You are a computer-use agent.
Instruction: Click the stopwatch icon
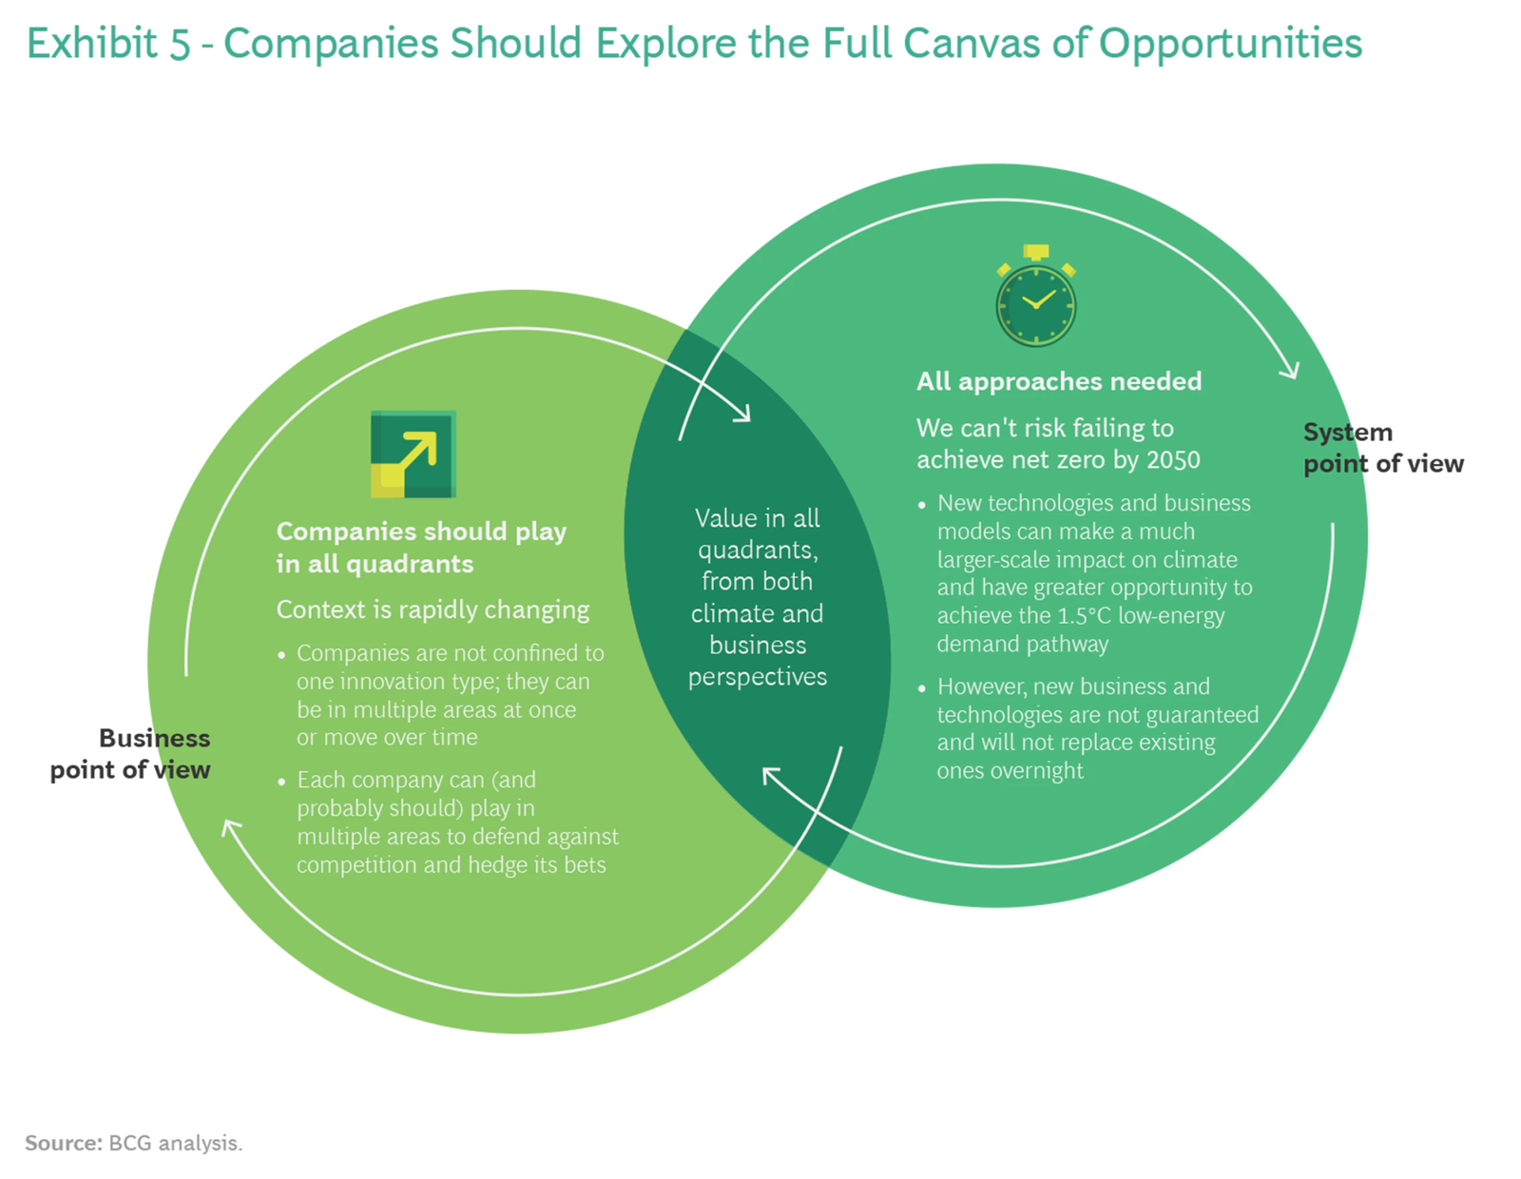click(x=1035, y=299)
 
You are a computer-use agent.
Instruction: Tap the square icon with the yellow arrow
click(x=413, y=454)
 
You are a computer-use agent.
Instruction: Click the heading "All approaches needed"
click(x=1059, y=381)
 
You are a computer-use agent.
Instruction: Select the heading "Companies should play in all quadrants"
click(x=421, y=547)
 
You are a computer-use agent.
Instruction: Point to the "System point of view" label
click(x=1382, y=448)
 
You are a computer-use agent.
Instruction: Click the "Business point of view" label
click(x=130, y=754)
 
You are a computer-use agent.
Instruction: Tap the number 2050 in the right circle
click(x=1173, y=460)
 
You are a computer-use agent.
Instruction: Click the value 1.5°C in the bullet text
click(x=1084, y=616)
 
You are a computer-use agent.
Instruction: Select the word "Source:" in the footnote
click(x=63, y=1143)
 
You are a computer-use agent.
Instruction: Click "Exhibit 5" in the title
click(x=107, y=44)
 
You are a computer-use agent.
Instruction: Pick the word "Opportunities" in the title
click(x=1230, y=44)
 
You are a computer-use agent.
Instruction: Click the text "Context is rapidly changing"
click(x=433, y=609)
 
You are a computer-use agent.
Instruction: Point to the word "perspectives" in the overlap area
click(x=758, y=677)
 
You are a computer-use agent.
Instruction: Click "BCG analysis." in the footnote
click(x=176, y=1143)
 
